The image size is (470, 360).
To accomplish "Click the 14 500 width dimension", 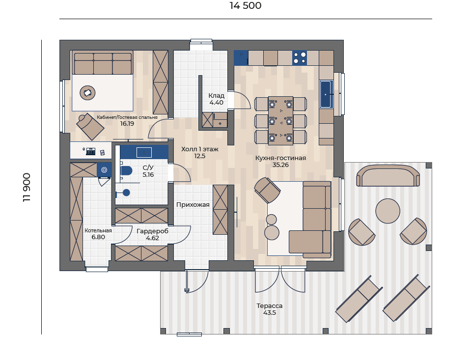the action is [x=246, y=5].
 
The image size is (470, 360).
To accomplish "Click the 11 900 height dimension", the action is [x=27, y=187].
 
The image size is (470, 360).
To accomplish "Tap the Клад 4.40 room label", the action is [x=217, y=99].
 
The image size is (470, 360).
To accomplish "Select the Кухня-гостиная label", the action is [x=280, y=158].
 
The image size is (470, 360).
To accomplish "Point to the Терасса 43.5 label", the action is [x=270, y=309].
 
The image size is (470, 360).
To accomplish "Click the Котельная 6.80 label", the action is [x=98, y=234].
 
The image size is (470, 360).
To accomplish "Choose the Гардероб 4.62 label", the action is [x=152, y=234].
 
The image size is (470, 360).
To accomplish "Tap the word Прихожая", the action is [x=193, y=205].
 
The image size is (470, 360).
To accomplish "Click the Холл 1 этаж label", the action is [x=199, y=149].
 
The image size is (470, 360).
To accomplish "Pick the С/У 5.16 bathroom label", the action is [x=148, y=171].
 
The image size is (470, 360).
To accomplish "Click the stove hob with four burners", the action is [x=300, y=58].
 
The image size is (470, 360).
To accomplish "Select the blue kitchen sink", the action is [x=326, y=94].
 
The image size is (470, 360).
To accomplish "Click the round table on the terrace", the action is [x=387, y=211].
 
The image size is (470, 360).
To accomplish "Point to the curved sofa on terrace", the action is [x=388, y=176].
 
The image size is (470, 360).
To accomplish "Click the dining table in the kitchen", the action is [x=280, y=121].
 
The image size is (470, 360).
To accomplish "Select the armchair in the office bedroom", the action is [x=90, y=127].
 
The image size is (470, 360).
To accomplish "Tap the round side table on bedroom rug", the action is [x=87, y=93].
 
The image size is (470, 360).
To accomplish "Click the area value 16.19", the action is [x=127, y=123].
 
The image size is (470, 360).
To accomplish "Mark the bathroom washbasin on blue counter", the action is [x=144, y=152].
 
